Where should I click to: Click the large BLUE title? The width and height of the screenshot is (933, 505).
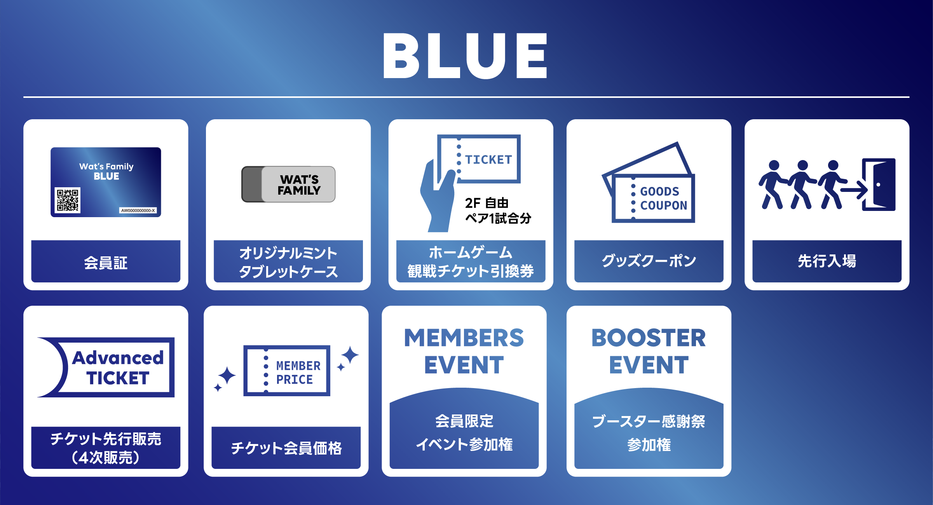465,56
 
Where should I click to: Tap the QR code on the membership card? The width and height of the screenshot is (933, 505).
68,200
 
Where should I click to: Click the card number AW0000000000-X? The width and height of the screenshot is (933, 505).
138,211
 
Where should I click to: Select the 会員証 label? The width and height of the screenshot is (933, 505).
106,263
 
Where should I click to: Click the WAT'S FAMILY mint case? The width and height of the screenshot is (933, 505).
288,184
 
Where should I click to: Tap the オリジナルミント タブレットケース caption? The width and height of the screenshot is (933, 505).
288,262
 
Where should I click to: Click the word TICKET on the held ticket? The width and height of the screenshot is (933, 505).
488,159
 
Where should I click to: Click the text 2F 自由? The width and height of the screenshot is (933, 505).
487,203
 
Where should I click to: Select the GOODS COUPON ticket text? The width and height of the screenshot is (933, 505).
664,198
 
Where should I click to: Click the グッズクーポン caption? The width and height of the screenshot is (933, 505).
649,261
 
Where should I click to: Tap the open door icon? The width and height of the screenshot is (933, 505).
879,185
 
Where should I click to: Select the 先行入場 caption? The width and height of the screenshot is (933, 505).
827,261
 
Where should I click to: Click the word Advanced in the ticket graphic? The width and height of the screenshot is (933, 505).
118,358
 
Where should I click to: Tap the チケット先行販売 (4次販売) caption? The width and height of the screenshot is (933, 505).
106,448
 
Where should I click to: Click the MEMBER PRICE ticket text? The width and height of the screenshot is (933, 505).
298,373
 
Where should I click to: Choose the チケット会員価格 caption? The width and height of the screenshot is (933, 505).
286,448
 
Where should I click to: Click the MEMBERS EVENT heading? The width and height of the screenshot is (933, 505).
464,351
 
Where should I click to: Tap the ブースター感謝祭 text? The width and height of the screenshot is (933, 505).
649,421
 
